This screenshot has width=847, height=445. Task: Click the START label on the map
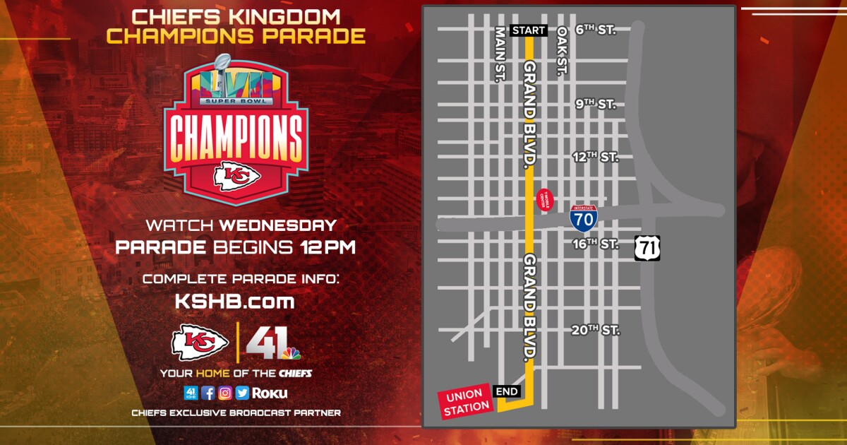(x=528, y=30)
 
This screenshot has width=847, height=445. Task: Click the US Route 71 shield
(x=647, y=248)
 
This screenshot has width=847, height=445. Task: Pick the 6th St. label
(x=596, y=30)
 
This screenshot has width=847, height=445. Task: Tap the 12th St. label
(x=595, y=157)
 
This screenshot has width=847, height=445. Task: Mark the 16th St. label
(x=595, y=244)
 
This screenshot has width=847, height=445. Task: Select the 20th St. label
(x=595, y=330)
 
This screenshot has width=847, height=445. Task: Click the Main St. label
(x=500, y=54)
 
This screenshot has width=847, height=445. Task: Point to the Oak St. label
(x=563, y=51)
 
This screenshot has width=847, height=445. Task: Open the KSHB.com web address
(x=234, y=302)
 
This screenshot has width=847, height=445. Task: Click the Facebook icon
(x=208, y=393)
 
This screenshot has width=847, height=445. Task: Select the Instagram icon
(x=225, y=393)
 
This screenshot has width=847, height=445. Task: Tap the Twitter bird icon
(x=242, y=393)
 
